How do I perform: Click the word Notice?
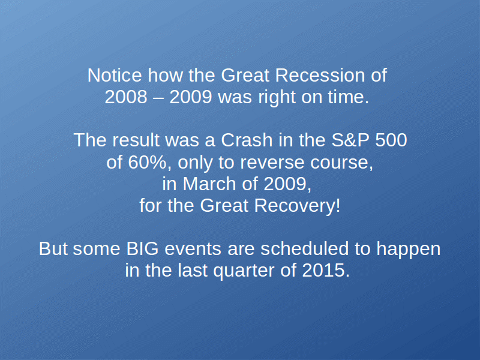tap(115, 75)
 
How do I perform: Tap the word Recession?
tap(320, 75)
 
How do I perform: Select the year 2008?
tap(126, 97)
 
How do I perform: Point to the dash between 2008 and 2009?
tap(158, 98)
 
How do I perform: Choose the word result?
tap(136, 140)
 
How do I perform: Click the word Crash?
tap(247, 140)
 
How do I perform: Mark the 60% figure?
tap(148, 162)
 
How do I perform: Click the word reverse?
tap(272, 162)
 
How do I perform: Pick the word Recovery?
tap(297, 206)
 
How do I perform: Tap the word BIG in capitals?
tap(142, 248)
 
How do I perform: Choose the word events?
tap(193, 248)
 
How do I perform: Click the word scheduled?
tap(305, 248)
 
